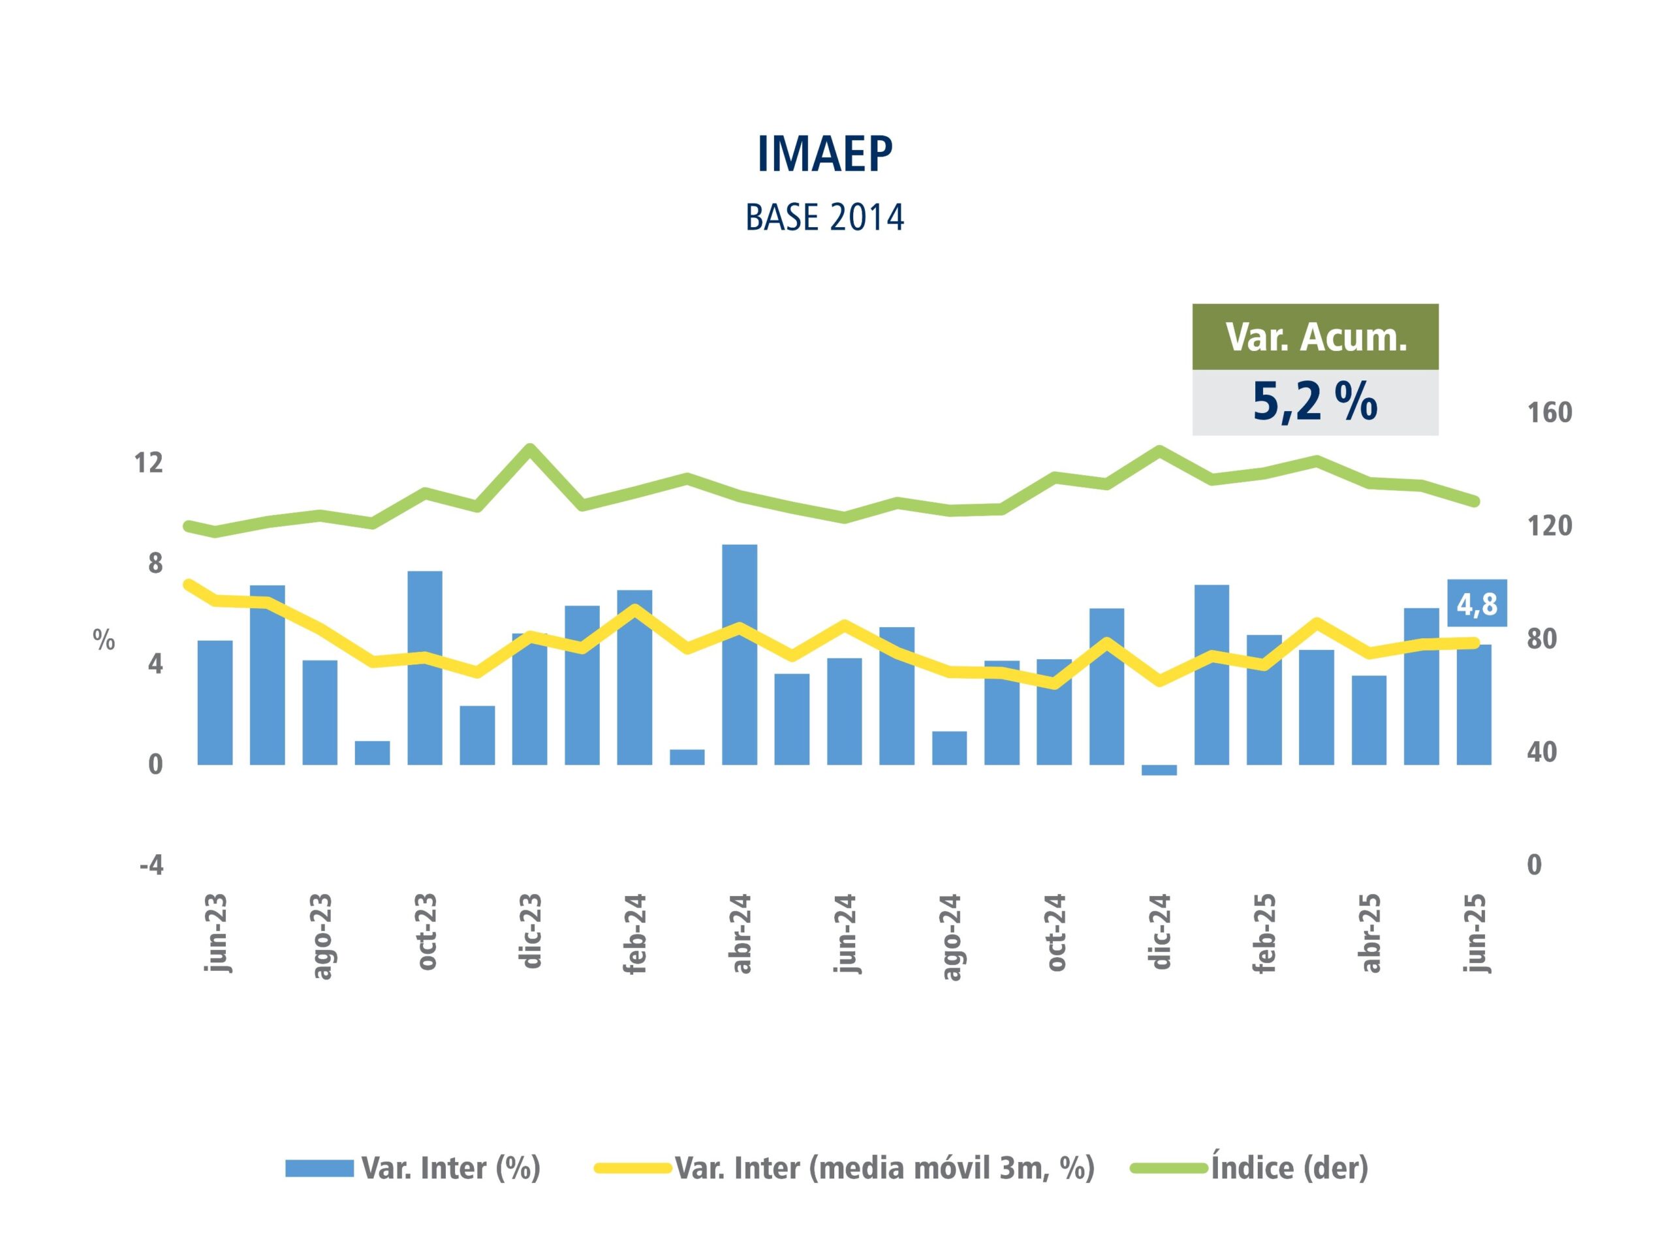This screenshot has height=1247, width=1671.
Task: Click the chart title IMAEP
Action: point(824,154)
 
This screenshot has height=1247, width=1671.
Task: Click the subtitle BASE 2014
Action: point(824,218)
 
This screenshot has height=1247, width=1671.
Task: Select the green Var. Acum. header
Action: point(1315,337)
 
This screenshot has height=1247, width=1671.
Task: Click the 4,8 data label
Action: point(1477,604)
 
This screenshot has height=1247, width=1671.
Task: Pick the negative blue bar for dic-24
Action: point(1159,770)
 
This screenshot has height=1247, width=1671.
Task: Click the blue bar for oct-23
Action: point(424,668)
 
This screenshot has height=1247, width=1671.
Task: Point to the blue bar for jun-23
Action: point(215,702)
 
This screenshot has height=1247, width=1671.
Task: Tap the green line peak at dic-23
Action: point(530,448)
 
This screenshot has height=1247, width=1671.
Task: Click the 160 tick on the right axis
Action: point(1550,413)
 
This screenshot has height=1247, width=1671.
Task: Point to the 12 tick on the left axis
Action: point(149,463)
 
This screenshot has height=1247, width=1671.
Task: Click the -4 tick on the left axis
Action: point(151,865)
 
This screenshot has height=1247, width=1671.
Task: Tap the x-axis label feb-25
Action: point(1264,933)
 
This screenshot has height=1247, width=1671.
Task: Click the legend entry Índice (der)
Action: point(1289,1168)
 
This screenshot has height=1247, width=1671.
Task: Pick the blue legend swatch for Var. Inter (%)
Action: point(319,1169)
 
